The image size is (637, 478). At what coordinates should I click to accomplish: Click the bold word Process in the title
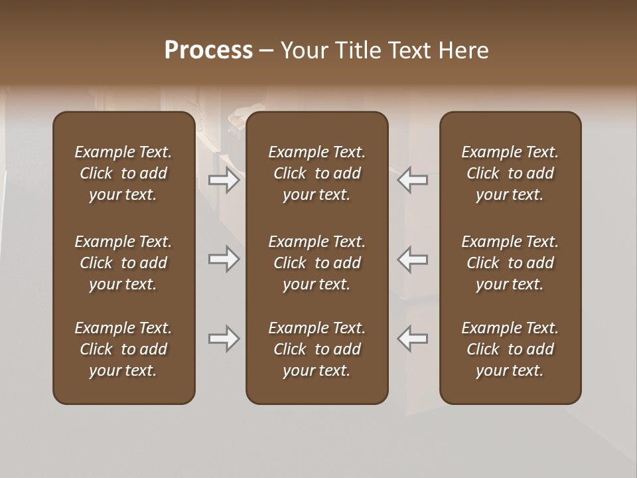pyautogui.click(x=208, y=50)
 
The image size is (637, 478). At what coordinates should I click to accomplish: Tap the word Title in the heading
pyautogui.click(x=358, y=50)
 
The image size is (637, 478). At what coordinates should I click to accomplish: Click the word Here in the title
pyautogui.click(x=463, y=50)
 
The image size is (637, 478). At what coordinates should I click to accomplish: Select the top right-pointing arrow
pyautogui.click(x=224, y=180)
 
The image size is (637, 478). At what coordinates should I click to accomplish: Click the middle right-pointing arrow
pyautogui.click(x=224, y=259)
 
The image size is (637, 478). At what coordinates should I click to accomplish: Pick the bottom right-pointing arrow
pyautogui.click(x=224, y=339)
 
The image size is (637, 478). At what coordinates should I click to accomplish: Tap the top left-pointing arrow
pyautogui.click(x=413, y=180)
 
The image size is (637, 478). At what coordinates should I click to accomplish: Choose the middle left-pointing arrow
pyautogui.click(x=413, y=259)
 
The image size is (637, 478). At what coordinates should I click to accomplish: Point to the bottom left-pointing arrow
pyautogui.click(x=413, y=339)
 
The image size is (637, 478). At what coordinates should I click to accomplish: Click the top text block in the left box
pyautogui.click(x=123, y=173)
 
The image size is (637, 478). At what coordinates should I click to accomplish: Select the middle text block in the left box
pyautogui.click(x=123, y=263)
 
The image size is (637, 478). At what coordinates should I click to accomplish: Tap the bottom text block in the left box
pyautogui.click(x=123, y=349)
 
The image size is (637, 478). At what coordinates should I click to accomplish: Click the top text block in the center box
pyautogui.click(x=317, y=173)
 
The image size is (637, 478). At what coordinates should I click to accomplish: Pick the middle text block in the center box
pyautogui.click(x=317, y=263)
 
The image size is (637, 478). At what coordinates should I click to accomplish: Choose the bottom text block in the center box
pyautogui.click(x=317, y=349)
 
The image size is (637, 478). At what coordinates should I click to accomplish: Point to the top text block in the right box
pyautogui.click(x=510, y=173)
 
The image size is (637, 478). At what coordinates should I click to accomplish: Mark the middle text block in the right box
pyautogui.click(x=510, y=263)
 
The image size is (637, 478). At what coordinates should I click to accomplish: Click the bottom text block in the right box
pyautogui.click(x=510, y=349)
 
